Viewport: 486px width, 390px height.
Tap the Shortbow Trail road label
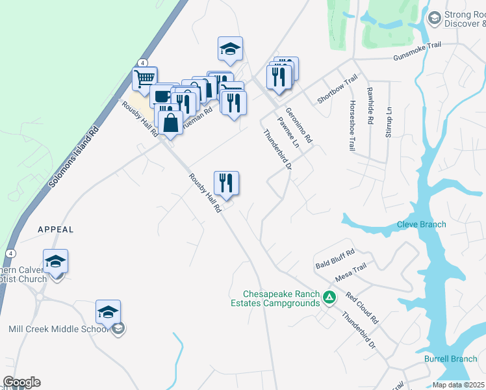click(337, 88)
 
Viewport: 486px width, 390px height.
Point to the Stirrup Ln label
click(389, 122)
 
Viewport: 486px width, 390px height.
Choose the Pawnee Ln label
click(287, 133)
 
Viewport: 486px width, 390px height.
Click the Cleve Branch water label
click(422, 225)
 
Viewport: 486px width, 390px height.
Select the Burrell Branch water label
click(451, 359)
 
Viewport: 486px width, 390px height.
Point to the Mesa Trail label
click(351, 272)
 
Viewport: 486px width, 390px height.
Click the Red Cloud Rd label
click(361, 307)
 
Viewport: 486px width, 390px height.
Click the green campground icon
click(329, 298)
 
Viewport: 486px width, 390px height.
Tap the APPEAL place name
click(56, 229)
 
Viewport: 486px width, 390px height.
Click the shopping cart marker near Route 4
click(144, 79)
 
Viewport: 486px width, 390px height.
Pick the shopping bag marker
click(170, 122)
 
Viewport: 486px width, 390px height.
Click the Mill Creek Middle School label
click(58, 329)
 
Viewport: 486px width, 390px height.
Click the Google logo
click(21, 382)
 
